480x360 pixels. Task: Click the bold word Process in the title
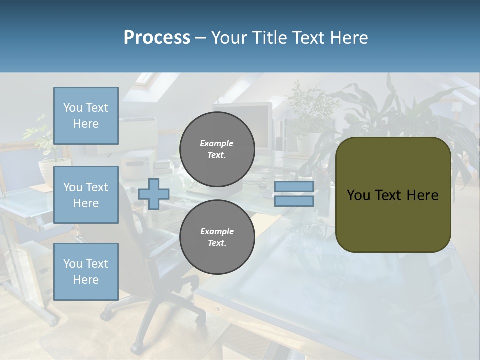[x=157, y=38]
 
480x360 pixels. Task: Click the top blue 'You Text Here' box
[x=86, y=116]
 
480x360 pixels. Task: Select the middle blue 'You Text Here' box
[x=86, y=195]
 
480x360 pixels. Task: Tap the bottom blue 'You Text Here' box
[x=86, y=272]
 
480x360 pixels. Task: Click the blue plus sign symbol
[x=154, y=194]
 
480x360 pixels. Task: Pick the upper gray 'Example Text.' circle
[x=217, y=149]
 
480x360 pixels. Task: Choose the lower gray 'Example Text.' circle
[x=217, y=237]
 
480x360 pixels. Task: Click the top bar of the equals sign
[x=294, y=187]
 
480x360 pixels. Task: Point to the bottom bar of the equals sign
[x=294, y=201]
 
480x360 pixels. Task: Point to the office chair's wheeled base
[x=150, y=320]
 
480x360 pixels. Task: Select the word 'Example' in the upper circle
[x=217, y=144]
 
